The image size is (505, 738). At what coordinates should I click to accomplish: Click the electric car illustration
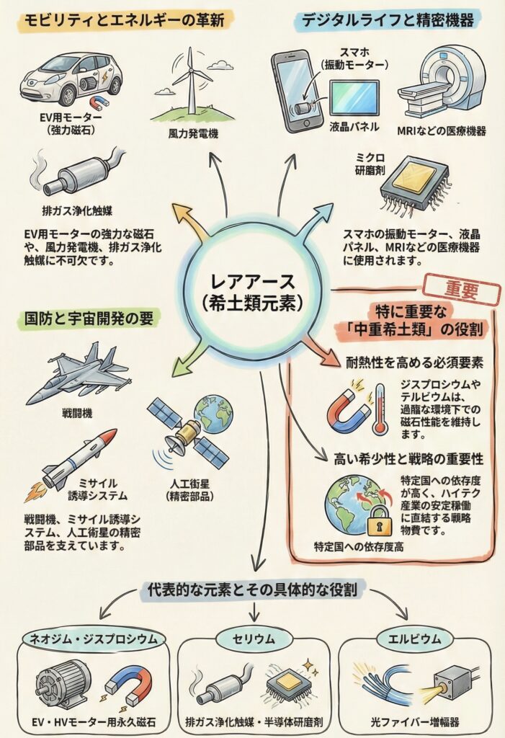click(x=70, y=76)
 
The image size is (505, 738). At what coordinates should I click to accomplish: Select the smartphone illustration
click(x=296, y=91)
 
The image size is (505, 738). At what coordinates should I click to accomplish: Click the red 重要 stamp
click(x=461, y=290)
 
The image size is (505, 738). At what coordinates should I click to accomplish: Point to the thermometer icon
click(x=380, y=409)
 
